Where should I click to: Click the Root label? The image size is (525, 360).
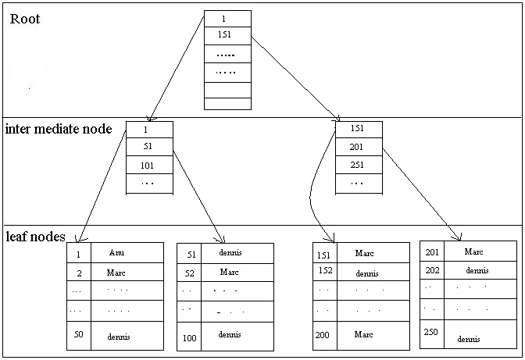(x=25, y=19)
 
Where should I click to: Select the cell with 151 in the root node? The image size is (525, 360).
(x=227, y=36)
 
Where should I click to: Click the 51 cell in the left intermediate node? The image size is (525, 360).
(x=148, y=146)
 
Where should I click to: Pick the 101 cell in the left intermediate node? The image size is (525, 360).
(x=148, y=165)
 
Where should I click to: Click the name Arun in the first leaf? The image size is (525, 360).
(x=116, y=253)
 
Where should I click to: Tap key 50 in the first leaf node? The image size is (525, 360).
(x=78, y=335)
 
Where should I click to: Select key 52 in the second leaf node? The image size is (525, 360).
(x=190, y=273)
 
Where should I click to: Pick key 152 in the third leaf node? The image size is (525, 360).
(x=326, y=271)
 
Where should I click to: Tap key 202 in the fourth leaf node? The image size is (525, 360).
(x=433, y=270)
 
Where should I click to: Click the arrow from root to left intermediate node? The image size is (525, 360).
(x=176, y=66)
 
